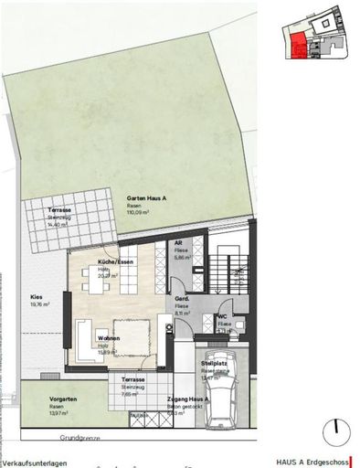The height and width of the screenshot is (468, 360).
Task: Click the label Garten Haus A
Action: click(x=146, y=199)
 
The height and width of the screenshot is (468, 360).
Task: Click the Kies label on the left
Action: click(x=37, y=297)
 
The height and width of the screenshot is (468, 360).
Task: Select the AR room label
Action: click(x=179, y=242)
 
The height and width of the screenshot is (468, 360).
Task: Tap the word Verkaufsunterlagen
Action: click(x=34, y=462)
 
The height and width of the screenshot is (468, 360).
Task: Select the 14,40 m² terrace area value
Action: click(x=60, y=224)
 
